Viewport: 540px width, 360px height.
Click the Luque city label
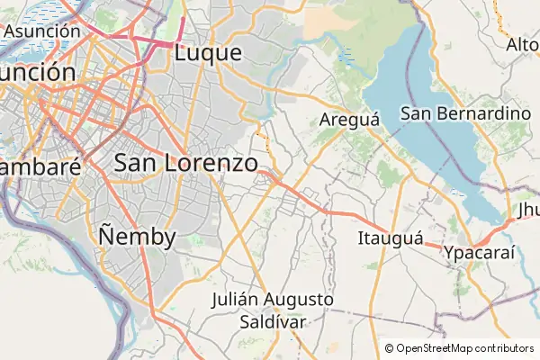tap(209, 53)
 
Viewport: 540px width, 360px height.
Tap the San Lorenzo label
tap(186, 163)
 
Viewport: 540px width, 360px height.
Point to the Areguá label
tap(350, 120)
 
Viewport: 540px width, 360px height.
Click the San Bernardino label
tap(465, 113)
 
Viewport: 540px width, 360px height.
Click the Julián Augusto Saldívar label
tap(274, 310)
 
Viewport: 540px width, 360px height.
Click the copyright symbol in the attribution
tap(390, 348)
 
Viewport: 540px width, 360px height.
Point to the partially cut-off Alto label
tap(523, 44)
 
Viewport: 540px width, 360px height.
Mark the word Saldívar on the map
tap(274, 320)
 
